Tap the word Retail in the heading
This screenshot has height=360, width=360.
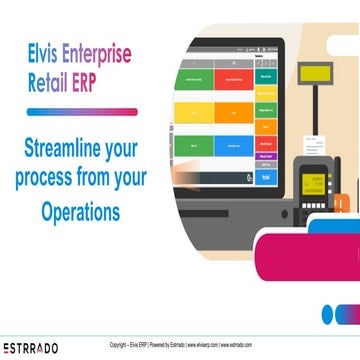51,79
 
